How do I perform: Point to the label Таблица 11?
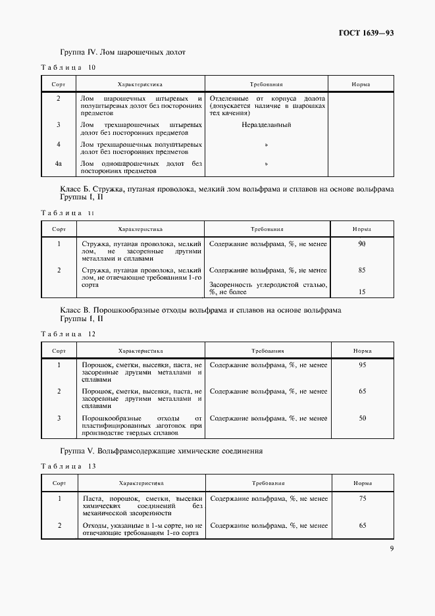point(68,213)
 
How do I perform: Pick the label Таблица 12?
point(68,334)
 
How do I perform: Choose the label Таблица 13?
point(68,466)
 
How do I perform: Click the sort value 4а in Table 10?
point(59,163)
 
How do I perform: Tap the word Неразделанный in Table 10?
point(267,124)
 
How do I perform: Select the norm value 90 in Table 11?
point(361,244)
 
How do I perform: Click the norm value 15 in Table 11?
point(361,292)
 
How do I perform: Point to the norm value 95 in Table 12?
point(361,365)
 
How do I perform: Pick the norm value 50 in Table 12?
point(361,418)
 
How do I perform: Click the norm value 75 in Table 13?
point(361,499)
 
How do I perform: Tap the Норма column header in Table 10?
point(361,85)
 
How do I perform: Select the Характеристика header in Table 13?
point(140,482)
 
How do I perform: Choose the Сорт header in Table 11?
point(59,230)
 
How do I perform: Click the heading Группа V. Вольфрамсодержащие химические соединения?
point(161,451)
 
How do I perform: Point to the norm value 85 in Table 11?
point(361,270)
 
